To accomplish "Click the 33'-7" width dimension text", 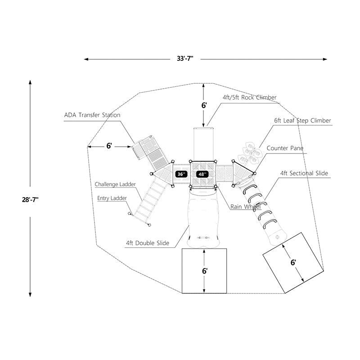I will pyautogui.click(x=184, y=59).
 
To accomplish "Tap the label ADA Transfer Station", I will pyautogui.click(x=92, y=115).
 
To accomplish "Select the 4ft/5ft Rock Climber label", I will pyautogui.click(x=249, y=98).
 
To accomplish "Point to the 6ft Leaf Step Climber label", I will pyautogui.click(x=302, y=121).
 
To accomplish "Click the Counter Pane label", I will pyautogui.click(x=285, y=148).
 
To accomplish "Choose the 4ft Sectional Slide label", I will pyautogui.click(x=304, y=173).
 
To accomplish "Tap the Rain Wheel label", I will pyautogui.click(x=245, y=207).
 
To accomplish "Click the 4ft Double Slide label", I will pyautogui.click(x=148, y=243).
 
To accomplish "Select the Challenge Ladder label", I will pyautogui.click(x=115, y=184).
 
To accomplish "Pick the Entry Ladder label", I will pyautogui.click(x=112, y=198).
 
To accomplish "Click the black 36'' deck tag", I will pyautogui.click(x=180, y=174).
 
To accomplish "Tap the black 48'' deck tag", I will pyautogui.click(x=202, y=174).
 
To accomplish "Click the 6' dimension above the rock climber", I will pyautogui.click(x=204, y=105).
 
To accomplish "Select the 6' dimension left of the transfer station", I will pyautogui.click(x=109, y=146).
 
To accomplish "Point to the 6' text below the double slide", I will pyautogui.click(x=205, y=271).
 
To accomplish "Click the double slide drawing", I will pyautogui.click(x=205, y=216).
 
